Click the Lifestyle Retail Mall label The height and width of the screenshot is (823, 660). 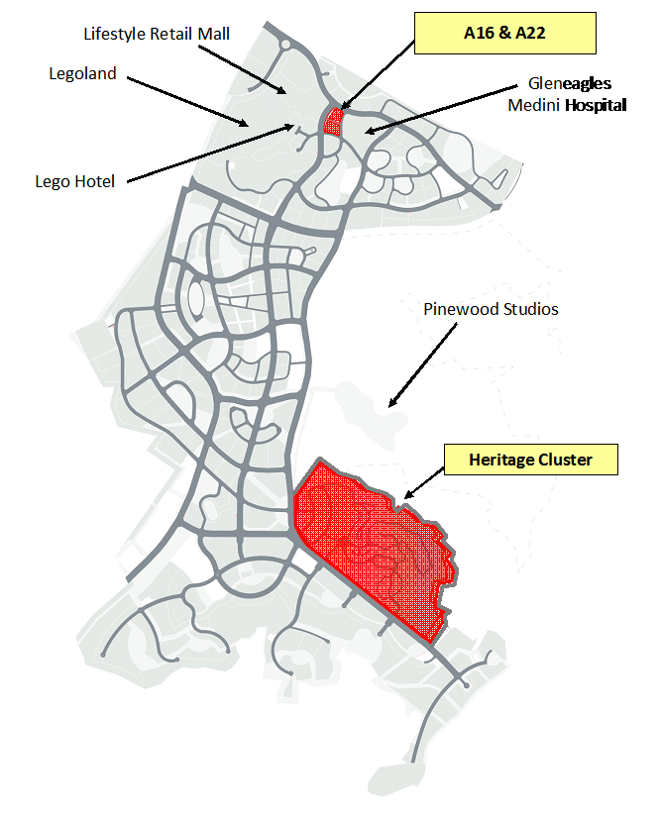157,34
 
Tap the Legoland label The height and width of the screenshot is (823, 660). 82,73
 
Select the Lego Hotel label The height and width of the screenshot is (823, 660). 74,181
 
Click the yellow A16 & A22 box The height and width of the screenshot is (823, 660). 505,33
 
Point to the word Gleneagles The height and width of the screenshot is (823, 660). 570,83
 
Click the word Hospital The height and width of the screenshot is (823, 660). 596,106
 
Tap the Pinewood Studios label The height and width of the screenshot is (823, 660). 491,309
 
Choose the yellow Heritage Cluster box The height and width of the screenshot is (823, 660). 531,460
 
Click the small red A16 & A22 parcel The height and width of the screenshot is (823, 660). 333,122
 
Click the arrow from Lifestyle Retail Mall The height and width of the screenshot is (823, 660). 242,69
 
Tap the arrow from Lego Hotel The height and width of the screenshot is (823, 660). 210,154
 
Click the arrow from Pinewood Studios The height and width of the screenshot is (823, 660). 423,364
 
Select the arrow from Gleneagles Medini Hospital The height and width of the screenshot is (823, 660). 441,109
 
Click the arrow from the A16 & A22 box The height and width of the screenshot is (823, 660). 378,75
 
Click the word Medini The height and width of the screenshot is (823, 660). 533,106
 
